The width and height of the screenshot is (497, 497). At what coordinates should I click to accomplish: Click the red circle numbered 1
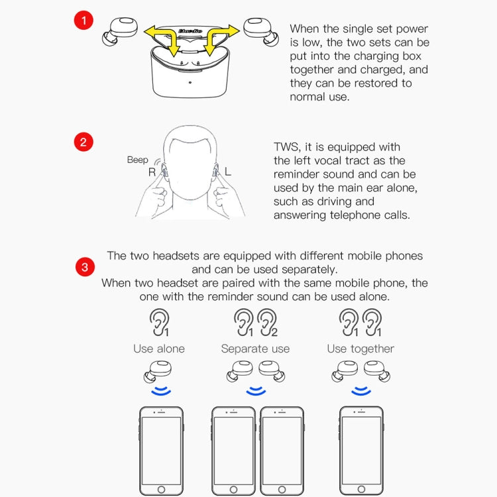(x=83, y=21)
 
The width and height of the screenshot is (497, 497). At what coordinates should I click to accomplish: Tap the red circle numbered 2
(x=83, y=142)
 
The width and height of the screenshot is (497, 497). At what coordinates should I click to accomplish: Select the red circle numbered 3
(x=83, y=268)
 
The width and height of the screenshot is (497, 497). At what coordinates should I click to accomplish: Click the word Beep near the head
(x=138, y=160)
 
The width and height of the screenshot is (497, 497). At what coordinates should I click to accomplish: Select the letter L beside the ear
(x=228, y=172)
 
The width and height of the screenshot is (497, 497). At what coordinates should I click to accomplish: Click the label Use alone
(x=159, y=349)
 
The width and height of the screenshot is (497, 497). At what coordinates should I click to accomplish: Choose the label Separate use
(x=255, y=349)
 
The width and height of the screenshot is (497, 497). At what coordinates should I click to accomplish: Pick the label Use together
(x=360, y=349)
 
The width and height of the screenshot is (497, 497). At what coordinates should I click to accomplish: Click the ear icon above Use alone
(x=159, y=323)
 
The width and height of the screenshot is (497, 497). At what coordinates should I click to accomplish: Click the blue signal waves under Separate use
(x=256, y=392)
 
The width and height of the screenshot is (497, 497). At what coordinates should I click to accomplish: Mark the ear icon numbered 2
(x=268, y=323)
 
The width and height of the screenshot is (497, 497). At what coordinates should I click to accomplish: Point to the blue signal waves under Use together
(x=361, y=392)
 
